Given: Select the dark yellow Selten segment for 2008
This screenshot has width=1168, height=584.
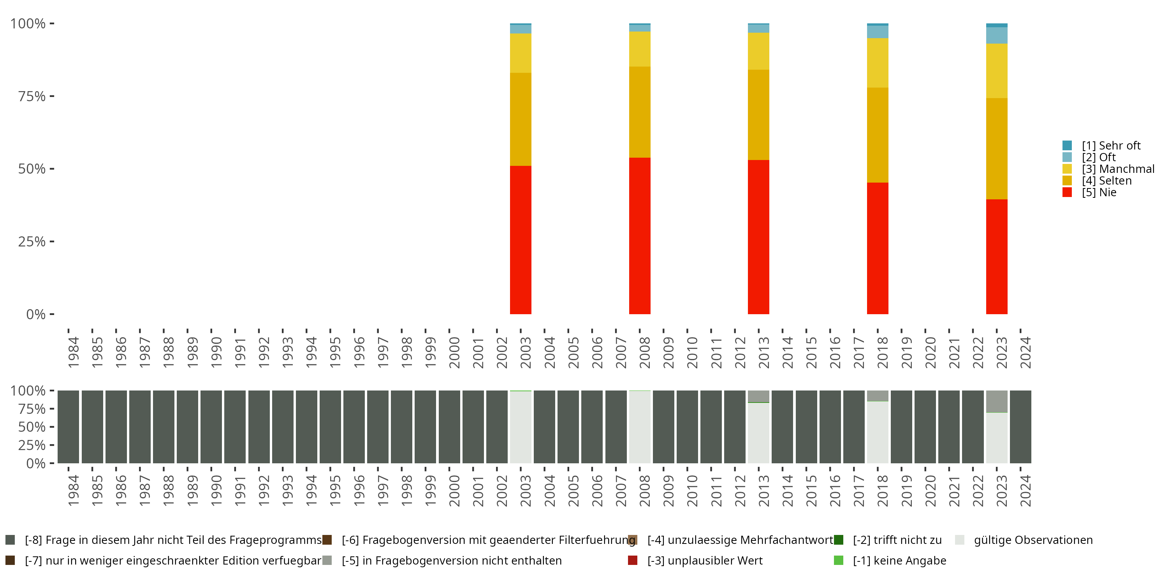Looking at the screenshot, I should [x=639, y=112].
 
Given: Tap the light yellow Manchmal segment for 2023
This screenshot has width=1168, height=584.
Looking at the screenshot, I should [x=997, y=71].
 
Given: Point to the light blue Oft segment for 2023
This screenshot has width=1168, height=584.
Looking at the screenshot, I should [x=997, y=35].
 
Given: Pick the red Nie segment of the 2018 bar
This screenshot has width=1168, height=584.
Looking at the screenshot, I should [x=877, y=248].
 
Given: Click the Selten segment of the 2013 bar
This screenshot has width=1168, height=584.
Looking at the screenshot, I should [x=758, y=115].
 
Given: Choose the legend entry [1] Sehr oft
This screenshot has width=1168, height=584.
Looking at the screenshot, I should [x=1111, y=146].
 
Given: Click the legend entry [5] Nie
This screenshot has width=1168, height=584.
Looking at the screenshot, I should [x=1099, y=192].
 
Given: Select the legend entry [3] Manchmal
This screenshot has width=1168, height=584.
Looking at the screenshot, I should [x=1118, y=169].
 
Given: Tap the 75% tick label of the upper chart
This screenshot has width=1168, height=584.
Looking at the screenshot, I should [x=32, y=96].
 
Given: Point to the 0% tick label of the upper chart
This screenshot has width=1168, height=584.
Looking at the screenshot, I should [x=36, y=314].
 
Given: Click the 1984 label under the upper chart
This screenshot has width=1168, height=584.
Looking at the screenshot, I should [x=73, y=352].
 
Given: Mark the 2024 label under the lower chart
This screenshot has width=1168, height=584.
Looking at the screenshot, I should [x=1025, y=491].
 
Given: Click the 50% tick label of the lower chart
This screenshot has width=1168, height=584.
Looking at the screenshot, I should [x=32, y=427].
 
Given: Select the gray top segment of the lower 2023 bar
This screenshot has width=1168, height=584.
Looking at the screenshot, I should [x=997, y=401].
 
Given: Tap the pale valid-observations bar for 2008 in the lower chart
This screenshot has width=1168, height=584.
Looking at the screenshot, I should [x=639, y=427].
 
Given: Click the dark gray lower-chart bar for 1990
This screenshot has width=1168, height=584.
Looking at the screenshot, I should [x=211, y=427].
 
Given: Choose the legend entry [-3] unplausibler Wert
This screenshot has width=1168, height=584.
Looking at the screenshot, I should [x=705, y=560].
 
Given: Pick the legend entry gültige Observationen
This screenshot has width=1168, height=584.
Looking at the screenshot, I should [x=1033, y=540].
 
